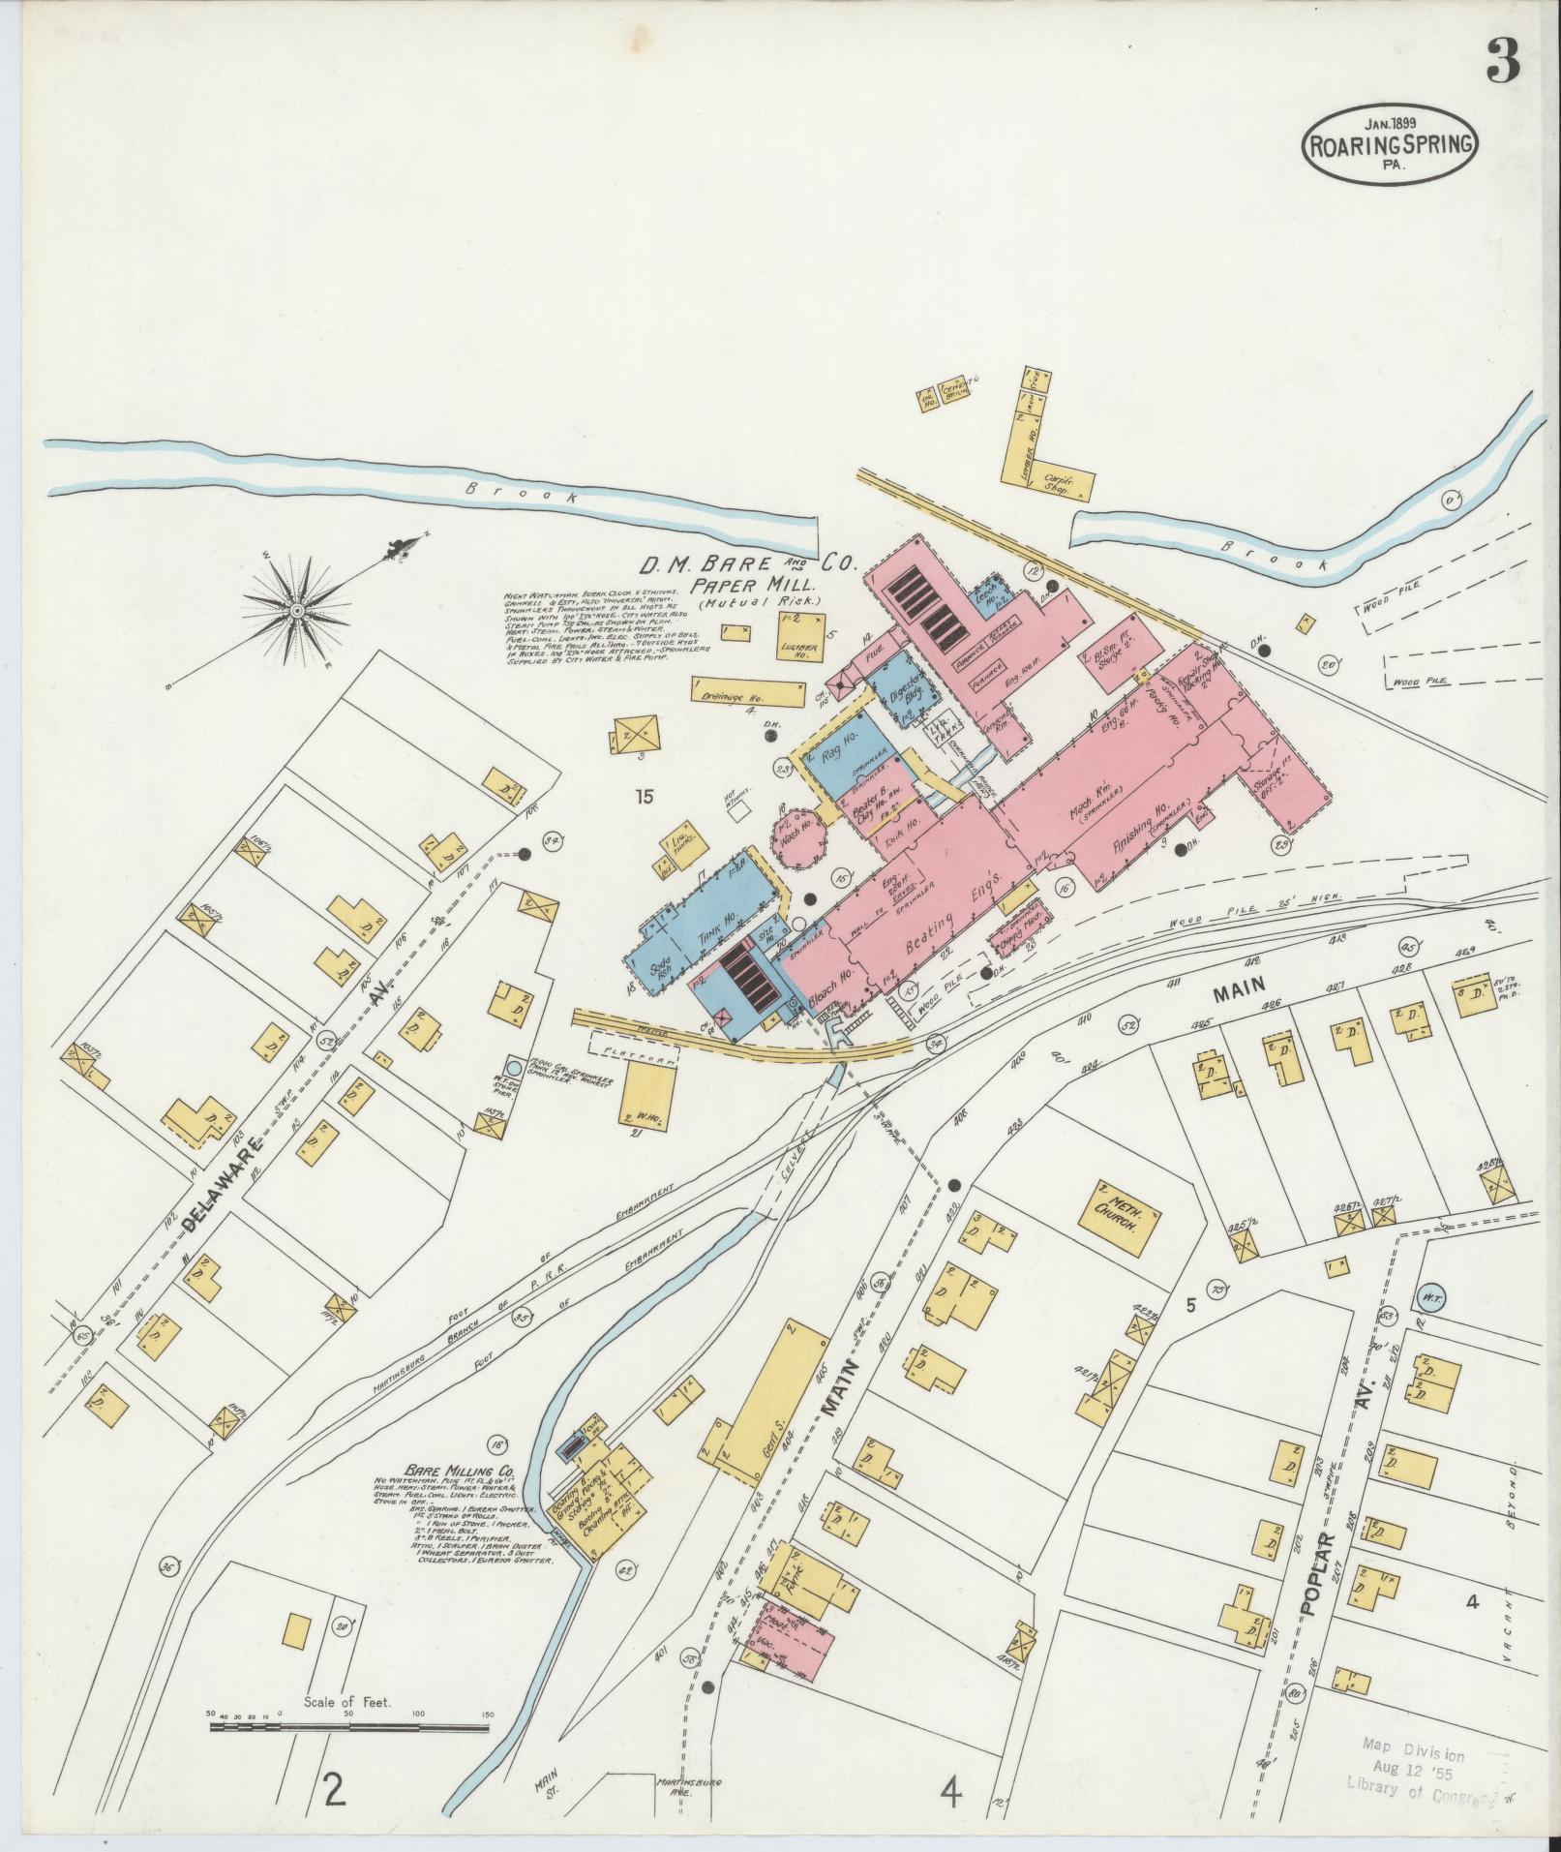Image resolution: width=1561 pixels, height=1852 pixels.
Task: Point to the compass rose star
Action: point(297,610)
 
